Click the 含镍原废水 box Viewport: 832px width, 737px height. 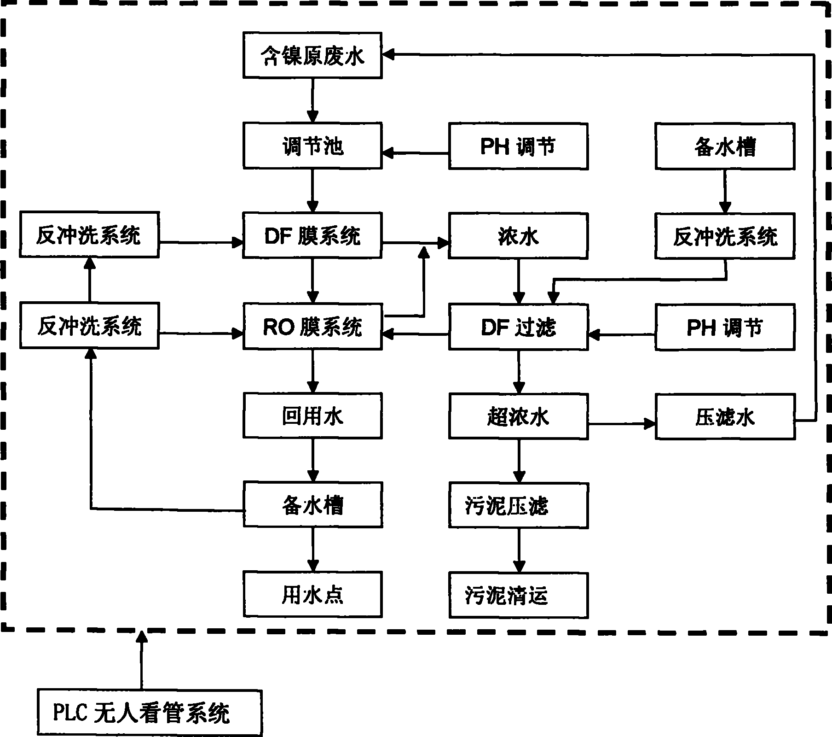(x=312, y=55)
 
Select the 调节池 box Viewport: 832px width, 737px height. (x=312, y=146)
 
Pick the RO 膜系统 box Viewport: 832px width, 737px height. (x=312, y=326)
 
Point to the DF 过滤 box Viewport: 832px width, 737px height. (x=519, y=326)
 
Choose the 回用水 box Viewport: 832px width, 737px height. (x=312, y=415)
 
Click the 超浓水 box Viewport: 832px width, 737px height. (x=519, y=415)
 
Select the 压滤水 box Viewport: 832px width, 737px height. (x=725, y=416)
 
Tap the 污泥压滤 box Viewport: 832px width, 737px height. (x=519, y=505)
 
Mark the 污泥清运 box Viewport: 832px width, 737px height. (x=519, y=595)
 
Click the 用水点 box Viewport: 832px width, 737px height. (x=312, y=595)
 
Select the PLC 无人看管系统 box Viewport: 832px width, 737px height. (x=150, y=713)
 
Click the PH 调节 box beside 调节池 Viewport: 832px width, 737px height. (x=519, y=146)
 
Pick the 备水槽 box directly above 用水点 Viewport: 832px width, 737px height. (x=312, y=505)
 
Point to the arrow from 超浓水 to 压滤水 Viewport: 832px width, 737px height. (x=622, y=422)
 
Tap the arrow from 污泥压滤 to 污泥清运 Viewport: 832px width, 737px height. (x=519, y=550)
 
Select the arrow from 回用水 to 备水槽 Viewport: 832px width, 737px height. (x=313, y=460)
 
